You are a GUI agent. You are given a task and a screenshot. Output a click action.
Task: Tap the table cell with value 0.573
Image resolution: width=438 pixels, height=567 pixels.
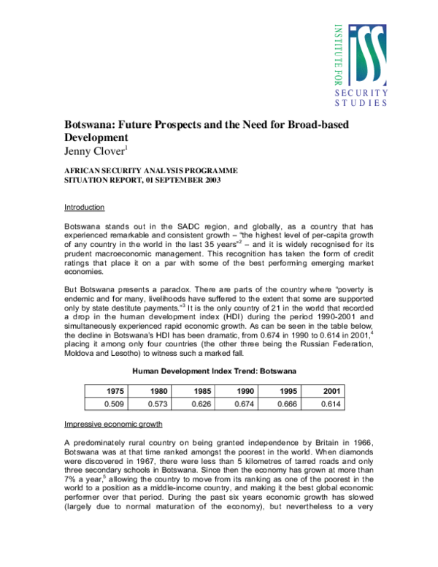pos(158,403)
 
